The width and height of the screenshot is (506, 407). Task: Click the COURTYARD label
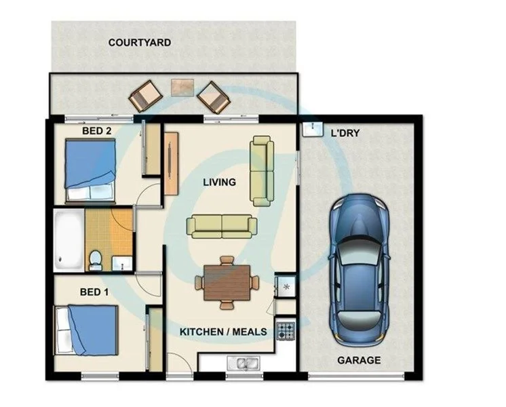[x=140, y=43]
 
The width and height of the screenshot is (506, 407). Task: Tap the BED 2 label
[x=97, y=131]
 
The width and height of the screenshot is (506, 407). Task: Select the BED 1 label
[x=94, y=292]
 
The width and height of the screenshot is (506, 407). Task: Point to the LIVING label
[x=220, y=182]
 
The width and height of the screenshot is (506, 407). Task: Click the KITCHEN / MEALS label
[x=223, y=332]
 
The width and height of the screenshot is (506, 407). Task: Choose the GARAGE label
[x=359, y=360]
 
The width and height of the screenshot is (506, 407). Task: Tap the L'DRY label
[x=345, y=133]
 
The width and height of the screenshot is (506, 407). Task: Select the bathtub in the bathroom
[x=69, y=239]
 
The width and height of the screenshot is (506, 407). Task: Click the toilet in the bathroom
[x=96, y=260]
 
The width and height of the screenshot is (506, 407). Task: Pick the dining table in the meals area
[x=227, y=282]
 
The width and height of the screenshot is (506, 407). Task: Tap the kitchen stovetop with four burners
[x=285, y=330]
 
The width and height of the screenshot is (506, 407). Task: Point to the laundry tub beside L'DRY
[x=313, y=129]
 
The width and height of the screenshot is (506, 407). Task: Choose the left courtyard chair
[x=145, y=96]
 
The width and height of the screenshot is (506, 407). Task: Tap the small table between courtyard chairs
[x=182, y=87]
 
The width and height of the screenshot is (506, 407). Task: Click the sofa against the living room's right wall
[x=262, y=171]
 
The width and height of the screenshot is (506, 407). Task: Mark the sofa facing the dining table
[x=222, y=226]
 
